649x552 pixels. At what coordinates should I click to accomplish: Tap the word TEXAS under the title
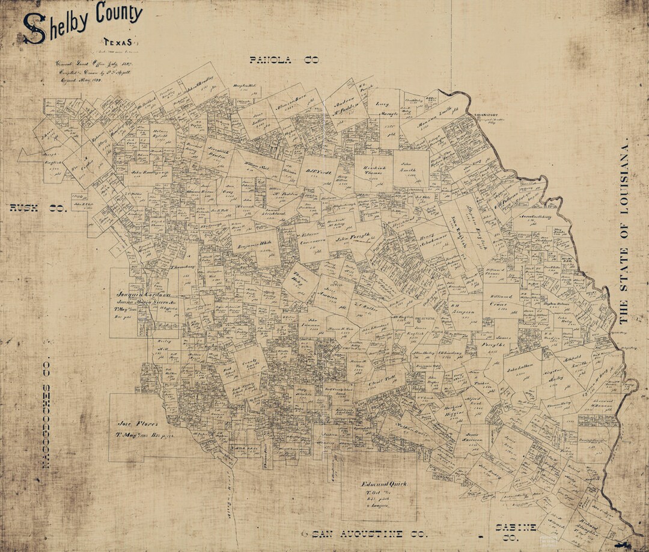click(x=117, y=43)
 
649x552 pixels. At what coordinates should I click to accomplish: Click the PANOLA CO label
click(x=284, y=60)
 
